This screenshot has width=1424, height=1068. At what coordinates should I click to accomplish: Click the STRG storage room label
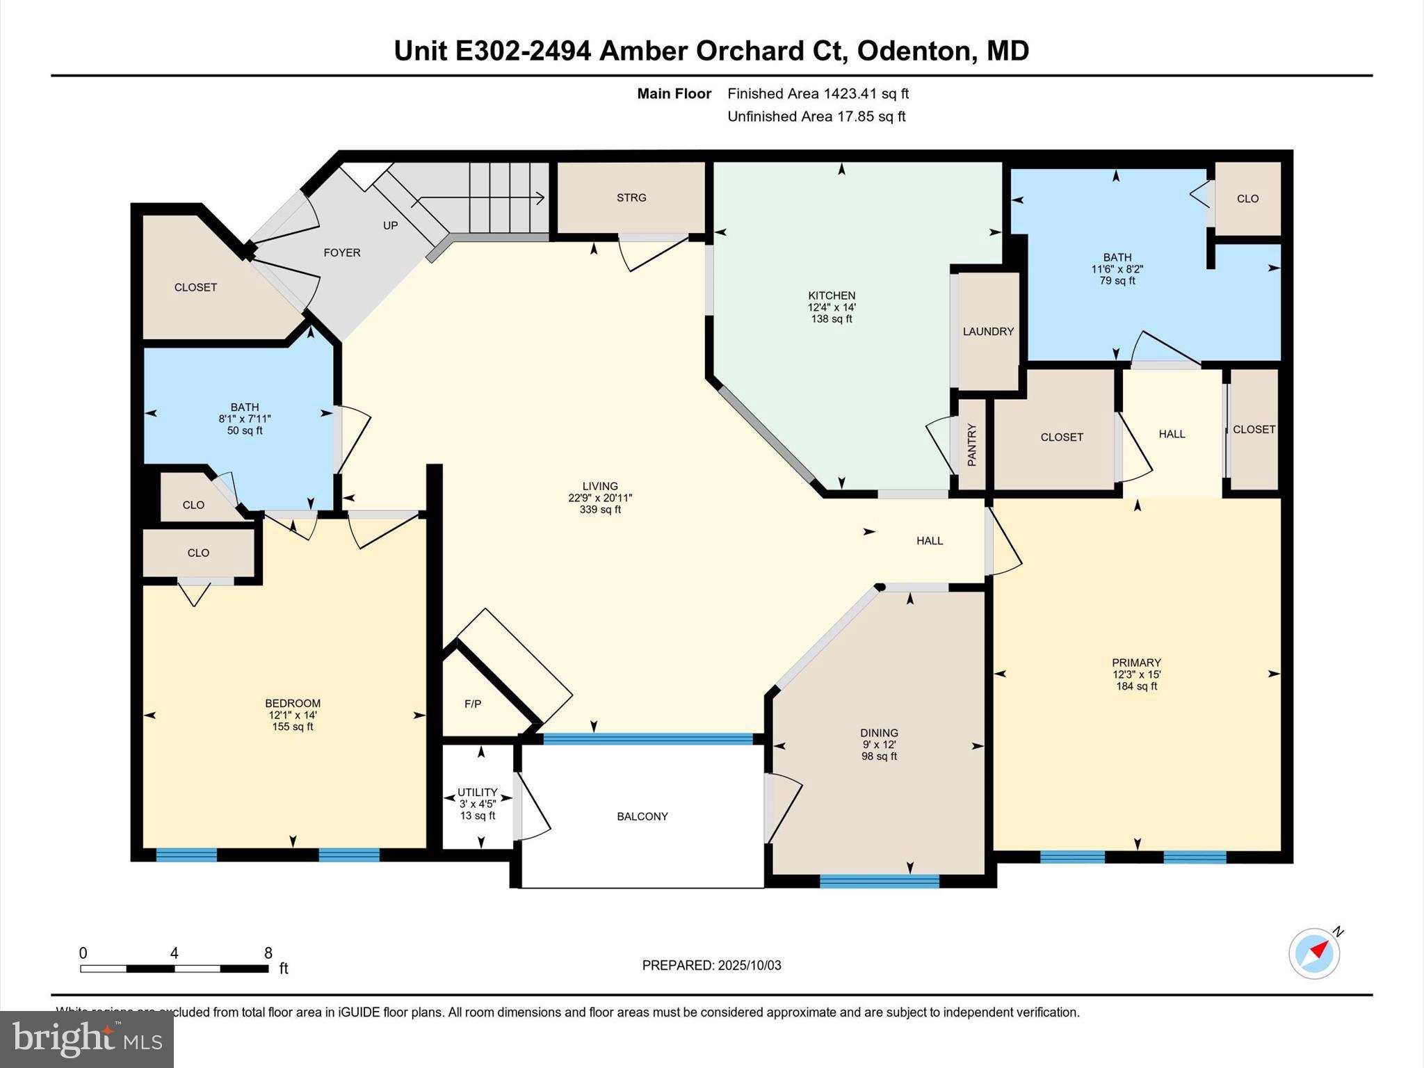click(631, 197)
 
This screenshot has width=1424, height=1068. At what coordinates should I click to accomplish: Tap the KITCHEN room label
click(832, 296)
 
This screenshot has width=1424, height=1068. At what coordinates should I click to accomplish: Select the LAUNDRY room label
click(988, 332)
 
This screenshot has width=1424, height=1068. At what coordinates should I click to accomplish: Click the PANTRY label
click(972, 445)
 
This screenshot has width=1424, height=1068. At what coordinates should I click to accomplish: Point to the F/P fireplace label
click(473, 704)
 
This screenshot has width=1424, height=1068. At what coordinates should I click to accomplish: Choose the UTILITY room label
click(478, 792)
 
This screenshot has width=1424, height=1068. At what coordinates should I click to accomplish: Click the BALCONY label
click(642, 816)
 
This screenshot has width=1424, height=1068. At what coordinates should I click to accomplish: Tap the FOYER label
click(342, 252)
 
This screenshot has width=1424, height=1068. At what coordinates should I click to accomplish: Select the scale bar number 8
click(268, 953)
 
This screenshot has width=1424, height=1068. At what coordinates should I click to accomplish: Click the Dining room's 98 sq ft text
click(879, 756)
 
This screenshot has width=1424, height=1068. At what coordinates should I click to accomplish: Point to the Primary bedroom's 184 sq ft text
click(1136, 686)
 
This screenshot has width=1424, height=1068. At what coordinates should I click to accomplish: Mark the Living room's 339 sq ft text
click(600, 510)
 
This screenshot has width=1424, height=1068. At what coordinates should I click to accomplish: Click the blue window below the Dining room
click(879, 881)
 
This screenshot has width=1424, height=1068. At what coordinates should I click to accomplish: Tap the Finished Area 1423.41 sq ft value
click(866, 93)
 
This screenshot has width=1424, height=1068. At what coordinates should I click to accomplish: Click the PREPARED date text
click(711, 965)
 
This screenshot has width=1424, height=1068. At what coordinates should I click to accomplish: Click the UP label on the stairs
click(391, 225)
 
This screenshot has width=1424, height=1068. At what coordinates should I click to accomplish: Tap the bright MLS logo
click(87, 1039)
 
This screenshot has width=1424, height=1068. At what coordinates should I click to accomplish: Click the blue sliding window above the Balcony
click(647, 738)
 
